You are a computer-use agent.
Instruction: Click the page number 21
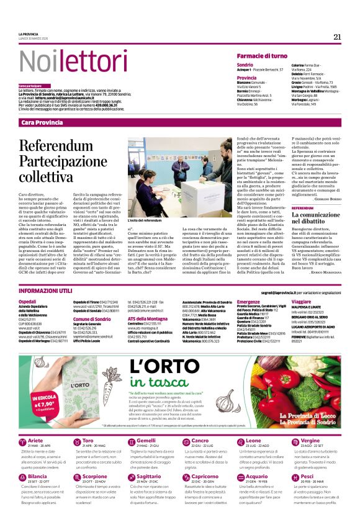(337, 37)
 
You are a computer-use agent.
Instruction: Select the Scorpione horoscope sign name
(95, 493)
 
